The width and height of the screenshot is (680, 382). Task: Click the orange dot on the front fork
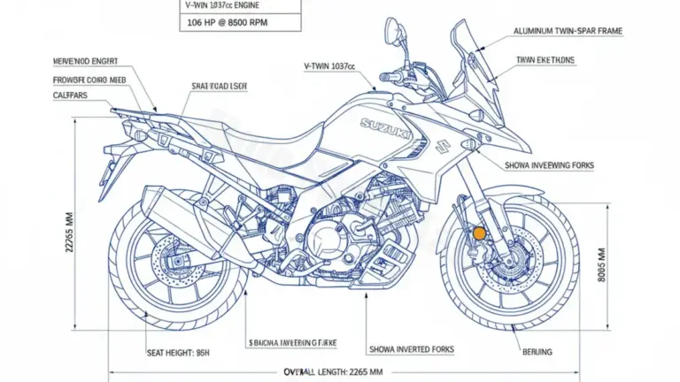(x=479, y=233)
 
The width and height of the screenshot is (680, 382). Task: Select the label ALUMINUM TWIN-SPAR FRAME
(x=568, y=31)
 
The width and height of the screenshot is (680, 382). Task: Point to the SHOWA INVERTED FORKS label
(x=411, y=349)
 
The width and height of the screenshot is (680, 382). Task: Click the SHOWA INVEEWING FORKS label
(x=549, y=165)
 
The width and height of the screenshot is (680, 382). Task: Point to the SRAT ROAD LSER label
(x=219, y=86)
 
